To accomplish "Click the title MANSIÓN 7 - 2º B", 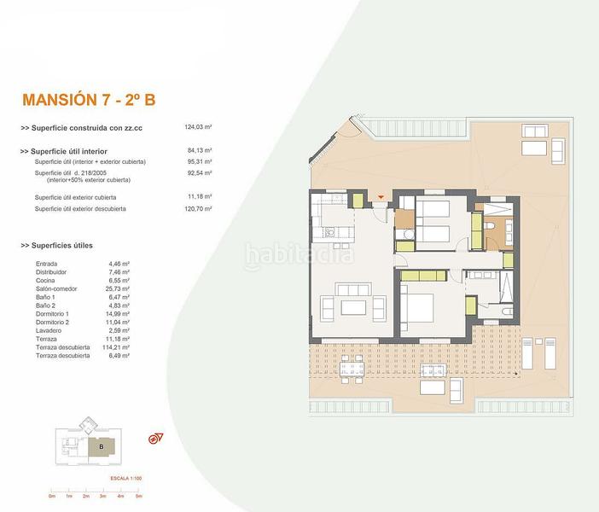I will pos(88,99).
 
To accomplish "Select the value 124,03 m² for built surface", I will pos(198,127).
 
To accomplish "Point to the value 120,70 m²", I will pos(198,208).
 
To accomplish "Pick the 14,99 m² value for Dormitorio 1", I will pos(116,314).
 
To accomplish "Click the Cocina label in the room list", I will pos(45,282).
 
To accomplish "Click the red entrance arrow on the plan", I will pos(380,199).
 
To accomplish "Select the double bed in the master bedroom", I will pos(418,306).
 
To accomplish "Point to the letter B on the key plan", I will pos(101,445).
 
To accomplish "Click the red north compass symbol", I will pos(155,439).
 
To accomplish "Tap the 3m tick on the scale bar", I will pos(103,495).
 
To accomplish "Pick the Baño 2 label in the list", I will pos(45,305).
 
